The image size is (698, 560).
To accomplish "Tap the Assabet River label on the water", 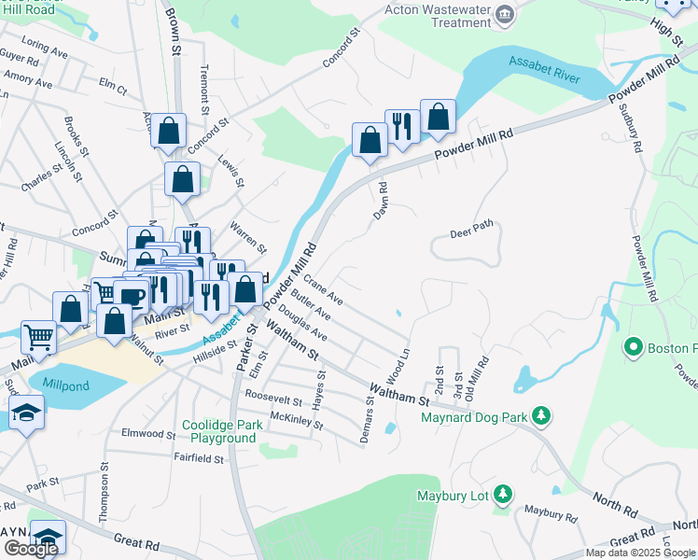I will [543, 67].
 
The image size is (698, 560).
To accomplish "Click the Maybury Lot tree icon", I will [503, 493].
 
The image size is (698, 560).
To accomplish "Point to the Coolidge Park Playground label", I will [219, 431].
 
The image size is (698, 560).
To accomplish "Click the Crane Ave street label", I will [324, 291].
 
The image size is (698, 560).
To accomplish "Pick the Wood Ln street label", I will [398, 364].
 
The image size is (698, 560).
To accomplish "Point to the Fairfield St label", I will [199, 458].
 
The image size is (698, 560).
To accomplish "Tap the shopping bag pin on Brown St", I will [168, 132].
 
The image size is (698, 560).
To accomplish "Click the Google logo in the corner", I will [31, 549].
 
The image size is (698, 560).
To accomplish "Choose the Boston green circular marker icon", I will [635, 349].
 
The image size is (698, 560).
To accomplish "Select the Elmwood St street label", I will [149, 434].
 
